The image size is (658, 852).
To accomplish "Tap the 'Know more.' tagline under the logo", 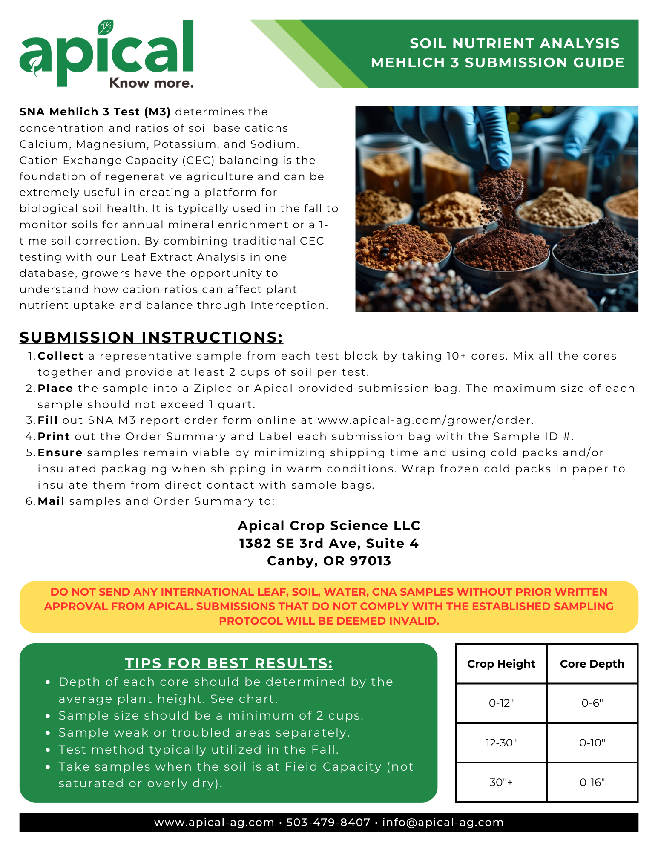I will [x=151, y=83].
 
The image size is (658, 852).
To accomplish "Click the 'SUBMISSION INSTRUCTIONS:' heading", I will [x=151, y=337].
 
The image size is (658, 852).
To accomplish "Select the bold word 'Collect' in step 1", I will [x=60, y=356].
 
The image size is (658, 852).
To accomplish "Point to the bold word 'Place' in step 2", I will [x=55, y=389].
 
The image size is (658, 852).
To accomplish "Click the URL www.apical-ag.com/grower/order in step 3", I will [x=425, y=420].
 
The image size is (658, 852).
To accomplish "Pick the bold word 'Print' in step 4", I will [x=54, y=437].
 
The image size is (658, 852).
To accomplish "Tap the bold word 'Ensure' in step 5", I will [x=60, y=453].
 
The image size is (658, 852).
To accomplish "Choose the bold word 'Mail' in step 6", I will [x=51, y=501].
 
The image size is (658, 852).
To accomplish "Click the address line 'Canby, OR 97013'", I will [x=329, y=561].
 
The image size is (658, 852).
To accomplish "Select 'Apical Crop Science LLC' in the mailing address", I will [x=329, y=526].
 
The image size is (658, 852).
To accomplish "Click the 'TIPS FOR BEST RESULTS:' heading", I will [x=229, y=663].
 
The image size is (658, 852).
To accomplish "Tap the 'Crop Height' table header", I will [x=501, y=664].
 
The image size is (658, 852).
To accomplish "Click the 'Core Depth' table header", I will [x=592, y=664].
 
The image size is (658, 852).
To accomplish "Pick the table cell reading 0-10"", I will [x=592, y=743].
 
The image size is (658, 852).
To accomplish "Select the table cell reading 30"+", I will [x=501, y=783].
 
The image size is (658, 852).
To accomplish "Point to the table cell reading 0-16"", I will [x=592, y=783].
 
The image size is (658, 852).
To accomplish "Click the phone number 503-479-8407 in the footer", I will [x=328, y=823].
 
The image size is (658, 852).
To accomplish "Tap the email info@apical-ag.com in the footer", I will [x=443, y=823].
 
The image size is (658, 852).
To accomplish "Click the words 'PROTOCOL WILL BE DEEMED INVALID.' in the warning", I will [x=329, y=621].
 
